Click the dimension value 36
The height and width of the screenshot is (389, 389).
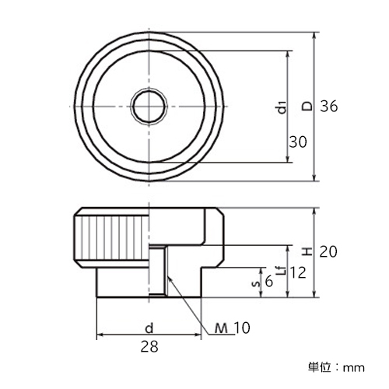click(329, 106)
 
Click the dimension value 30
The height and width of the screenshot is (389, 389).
click(298, 142)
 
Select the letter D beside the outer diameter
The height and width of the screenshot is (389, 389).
click(308, 106)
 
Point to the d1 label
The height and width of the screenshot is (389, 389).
click(282, 107)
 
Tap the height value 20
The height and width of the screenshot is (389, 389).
click(328, 251)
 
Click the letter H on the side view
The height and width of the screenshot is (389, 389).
click(308, 251)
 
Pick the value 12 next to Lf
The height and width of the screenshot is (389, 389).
click(298, 272)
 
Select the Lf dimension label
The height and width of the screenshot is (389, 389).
click(282, 271)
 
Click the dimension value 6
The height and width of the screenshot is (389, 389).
click(269, 282)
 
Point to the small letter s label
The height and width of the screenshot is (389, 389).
click(256, 283)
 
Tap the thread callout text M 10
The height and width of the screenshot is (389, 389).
click(233, 328)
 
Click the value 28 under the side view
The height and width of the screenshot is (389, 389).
click(149, 346)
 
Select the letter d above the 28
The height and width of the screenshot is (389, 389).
click(149, 328)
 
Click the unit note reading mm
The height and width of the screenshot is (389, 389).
click(354, 368)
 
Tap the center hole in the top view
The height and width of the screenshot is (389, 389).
click(149, 107)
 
